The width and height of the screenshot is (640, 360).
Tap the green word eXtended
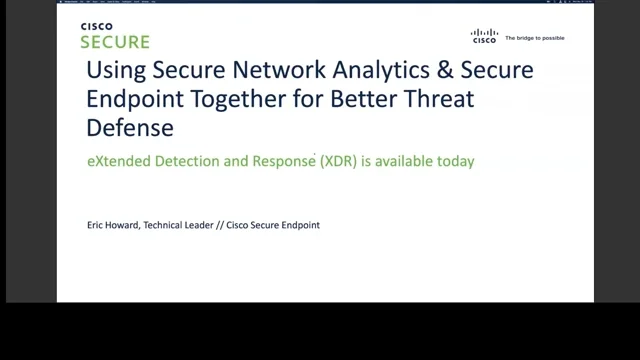point(117,160)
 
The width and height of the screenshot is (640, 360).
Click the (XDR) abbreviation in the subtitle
point(343,160)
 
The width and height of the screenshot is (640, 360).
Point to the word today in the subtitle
point(453,160)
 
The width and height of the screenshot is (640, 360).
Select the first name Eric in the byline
point(97,225)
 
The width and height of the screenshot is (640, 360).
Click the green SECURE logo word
point(115,42)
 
